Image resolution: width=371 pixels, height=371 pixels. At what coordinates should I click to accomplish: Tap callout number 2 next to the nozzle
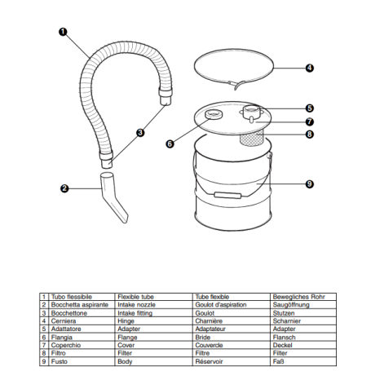[63, 189]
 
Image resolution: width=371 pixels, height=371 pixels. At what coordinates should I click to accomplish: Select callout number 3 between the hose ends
[140, 132]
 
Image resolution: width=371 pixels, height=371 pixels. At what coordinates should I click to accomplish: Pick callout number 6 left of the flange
[170, 144]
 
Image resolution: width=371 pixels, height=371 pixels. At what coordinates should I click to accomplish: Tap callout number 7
[310, 122]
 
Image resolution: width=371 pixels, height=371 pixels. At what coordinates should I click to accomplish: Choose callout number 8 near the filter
[310, 135]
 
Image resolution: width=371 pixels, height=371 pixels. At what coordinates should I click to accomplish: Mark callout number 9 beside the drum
[310, 184]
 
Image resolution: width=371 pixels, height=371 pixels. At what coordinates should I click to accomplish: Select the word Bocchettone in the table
[69, 311]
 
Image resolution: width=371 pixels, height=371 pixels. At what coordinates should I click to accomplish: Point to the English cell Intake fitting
[136, 311]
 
